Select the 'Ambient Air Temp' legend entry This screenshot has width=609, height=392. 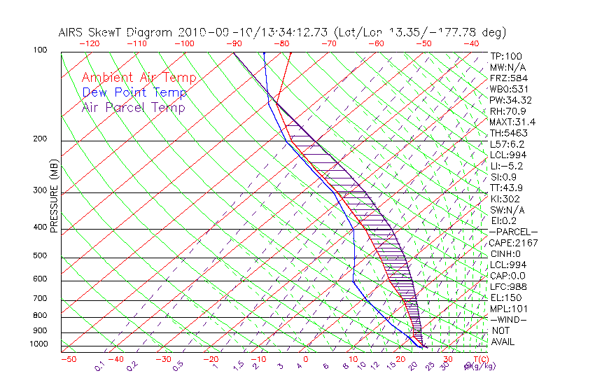[139, 78]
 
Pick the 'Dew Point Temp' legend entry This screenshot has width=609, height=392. [134, 92]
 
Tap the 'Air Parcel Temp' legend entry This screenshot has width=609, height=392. [133, 107]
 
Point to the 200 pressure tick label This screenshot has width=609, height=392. [39, 139]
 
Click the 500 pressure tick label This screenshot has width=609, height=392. [39, 256]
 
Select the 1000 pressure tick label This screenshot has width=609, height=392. [37, 344]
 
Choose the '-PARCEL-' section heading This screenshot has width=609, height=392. [513, 232]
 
